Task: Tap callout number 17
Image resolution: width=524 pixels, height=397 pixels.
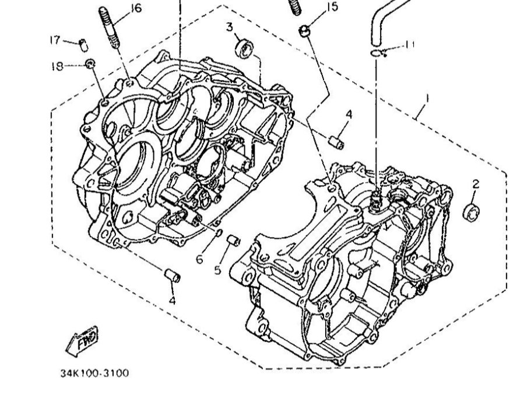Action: (x=55, y=40)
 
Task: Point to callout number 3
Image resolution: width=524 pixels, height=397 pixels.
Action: (x=230, y=26)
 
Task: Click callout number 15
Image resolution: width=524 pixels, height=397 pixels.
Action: (x=332, y=7)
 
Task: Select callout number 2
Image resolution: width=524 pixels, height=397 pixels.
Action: (x=475, y=184)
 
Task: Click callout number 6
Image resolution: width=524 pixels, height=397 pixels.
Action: (x=199, y=258)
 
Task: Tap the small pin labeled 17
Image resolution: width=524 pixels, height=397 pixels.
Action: (x=83, y=43)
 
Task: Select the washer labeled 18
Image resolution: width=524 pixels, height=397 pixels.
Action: (x=90, y=63)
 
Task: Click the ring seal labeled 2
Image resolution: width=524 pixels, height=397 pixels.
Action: (x=471, y=212)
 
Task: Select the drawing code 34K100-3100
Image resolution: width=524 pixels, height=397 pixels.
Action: (x=94, y=372)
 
